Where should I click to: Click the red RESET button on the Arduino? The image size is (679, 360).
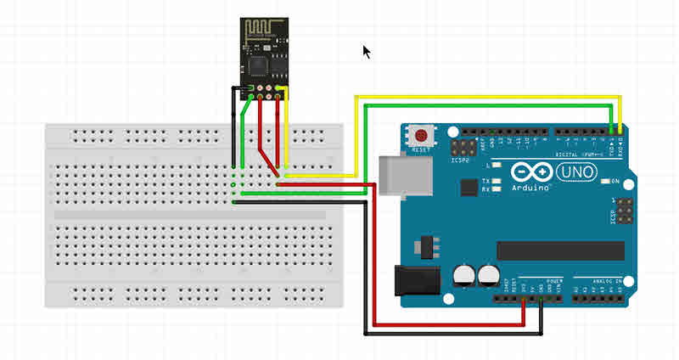click(420, 134)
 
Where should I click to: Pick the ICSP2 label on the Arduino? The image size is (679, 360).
click(462, 159)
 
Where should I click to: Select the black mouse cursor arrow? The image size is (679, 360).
click(367, 52)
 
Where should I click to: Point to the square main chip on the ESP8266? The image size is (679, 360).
click(274, 65)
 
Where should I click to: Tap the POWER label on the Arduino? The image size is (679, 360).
click(554, 280)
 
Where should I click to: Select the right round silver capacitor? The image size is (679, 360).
click(488, 273)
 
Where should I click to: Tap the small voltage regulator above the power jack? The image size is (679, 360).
click(425, 245)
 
